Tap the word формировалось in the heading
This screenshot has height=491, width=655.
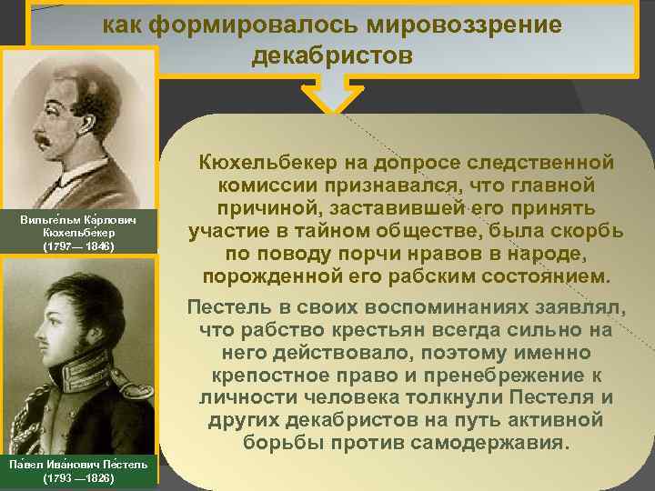pos(250,25)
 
